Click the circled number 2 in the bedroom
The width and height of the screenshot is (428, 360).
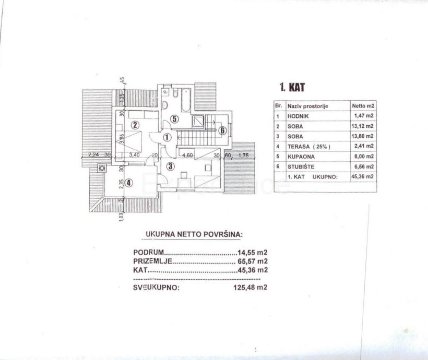pos(135,125)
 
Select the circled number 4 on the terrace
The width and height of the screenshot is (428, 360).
pos(129,183)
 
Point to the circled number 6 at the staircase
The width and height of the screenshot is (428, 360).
pos(222,130)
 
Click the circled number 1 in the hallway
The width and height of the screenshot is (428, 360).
pos(167,138)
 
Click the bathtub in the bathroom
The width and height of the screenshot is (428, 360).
pos(185,99)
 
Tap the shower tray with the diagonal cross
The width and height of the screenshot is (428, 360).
pos(199,121)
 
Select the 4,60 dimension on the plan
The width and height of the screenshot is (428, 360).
pos(188,155)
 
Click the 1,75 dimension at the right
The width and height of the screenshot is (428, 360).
pos(243,155)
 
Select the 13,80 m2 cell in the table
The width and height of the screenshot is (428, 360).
pos(362,136)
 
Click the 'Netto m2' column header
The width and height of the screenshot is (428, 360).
pos(363,105)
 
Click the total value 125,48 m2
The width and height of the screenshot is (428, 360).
pos(250,287)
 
